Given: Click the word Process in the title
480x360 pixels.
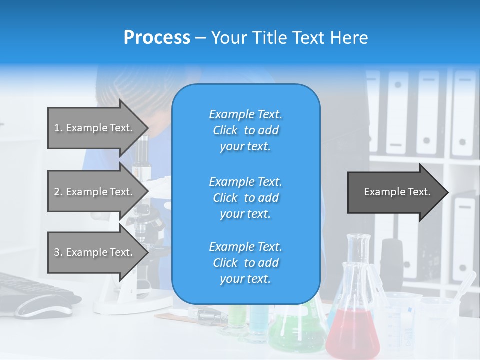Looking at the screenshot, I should tap(157, 38).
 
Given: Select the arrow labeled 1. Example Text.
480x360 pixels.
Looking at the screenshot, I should tap(95, 128).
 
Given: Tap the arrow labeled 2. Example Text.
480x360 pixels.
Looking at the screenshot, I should tap(95, 192).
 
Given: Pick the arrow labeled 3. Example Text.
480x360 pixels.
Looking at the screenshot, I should tap(95, 252).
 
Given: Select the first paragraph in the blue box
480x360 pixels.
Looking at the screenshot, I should tap(245, 130).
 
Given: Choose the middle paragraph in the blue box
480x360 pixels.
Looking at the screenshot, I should tap(245, 198).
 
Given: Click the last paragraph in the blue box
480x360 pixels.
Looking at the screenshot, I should tap(245, 263).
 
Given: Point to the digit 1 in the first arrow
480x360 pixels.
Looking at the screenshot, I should tap(57, 128).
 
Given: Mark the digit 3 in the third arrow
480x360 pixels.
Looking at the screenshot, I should tap(57, 252).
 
